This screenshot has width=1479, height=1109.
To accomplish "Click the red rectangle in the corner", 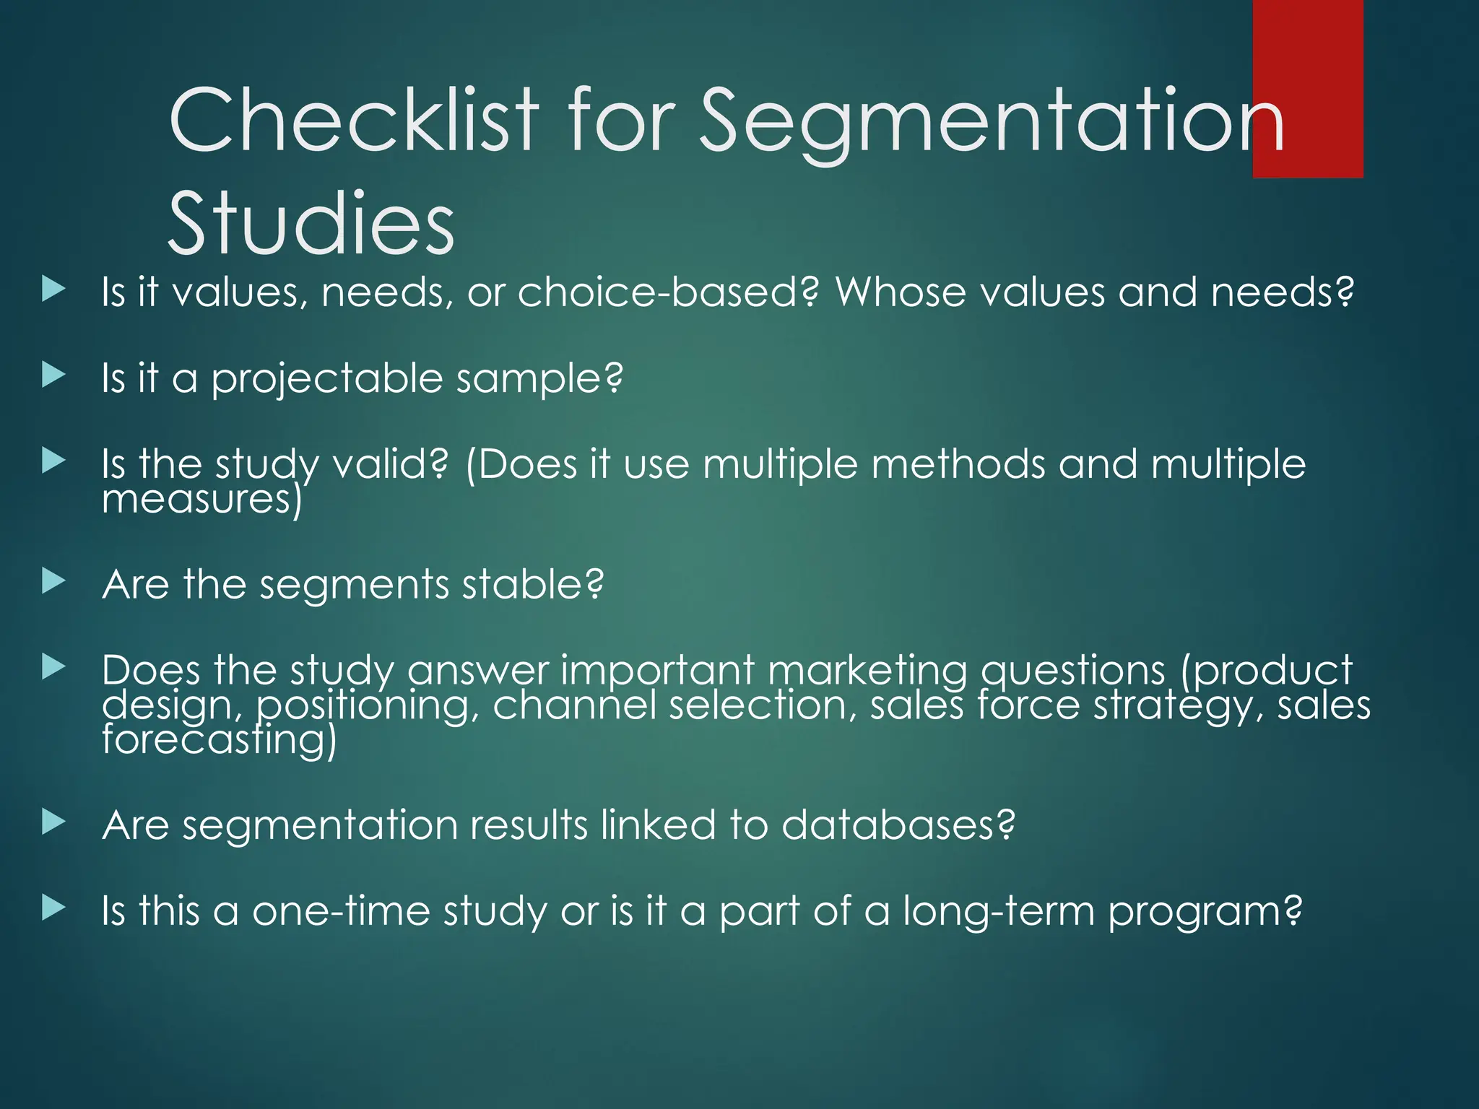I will point(1307,88).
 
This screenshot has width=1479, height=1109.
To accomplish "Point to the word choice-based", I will point(668,292).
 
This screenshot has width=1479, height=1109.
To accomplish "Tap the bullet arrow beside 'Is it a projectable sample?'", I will point(53,375).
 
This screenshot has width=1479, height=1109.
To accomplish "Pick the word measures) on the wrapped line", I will point(201,500).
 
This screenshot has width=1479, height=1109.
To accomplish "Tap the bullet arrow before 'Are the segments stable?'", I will point(53,580).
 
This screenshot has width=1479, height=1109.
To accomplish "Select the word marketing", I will point(867,670).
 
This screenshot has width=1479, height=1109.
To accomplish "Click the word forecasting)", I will point(219,740).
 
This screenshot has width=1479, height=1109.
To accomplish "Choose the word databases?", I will point(898,825).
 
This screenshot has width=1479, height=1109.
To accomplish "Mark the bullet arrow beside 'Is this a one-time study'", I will point(53,908).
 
